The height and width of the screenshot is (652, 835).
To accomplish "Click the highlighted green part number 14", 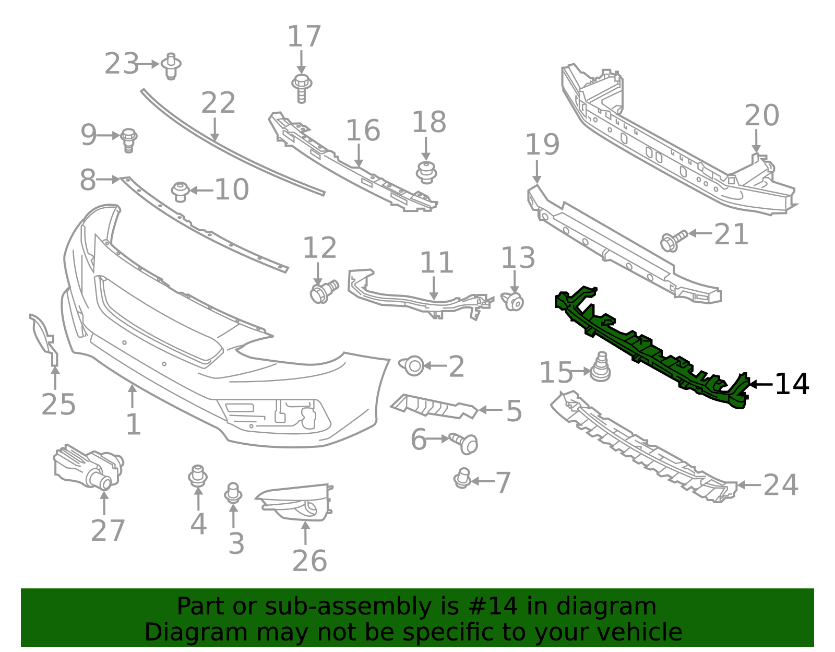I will click(647, 350).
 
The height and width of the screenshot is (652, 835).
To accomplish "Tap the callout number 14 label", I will click(791, 385).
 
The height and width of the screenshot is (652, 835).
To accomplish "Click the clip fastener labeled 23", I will click(171, 66).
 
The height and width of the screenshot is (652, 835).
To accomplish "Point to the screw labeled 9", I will click(128, 139).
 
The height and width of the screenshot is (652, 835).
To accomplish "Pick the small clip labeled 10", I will click(181, 191).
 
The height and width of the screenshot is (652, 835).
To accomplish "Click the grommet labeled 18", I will click(426, 172).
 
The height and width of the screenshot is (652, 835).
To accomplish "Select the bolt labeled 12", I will click(323, 291).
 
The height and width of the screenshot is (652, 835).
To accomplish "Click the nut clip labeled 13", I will click(514, 301).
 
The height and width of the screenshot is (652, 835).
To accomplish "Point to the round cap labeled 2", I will click(413, 365).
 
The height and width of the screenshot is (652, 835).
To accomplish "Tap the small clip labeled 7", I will click(462, 478).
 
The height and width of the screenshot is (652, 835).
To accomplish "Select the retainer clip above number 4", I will click(198, 476).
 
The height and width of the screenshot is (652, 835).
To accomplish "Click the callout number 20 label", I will click(761, 115).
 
